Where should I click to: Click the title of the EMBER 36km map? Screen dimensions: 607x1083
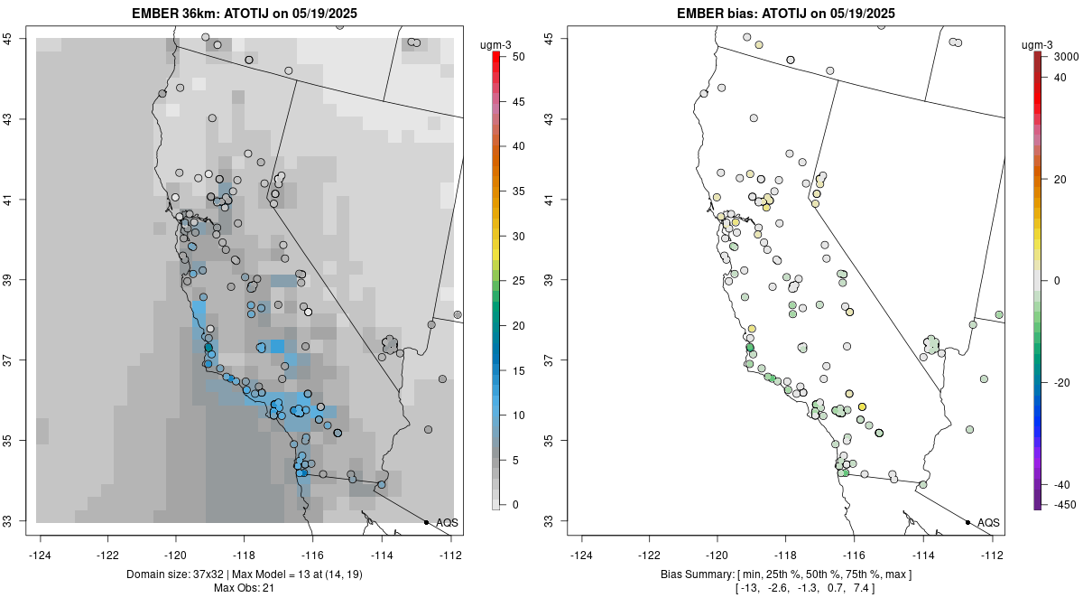248,13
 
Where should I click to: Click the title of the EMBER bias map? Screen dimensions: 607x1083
786,13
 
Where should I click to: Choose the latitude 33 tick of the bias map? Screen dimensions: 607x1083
558,521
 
